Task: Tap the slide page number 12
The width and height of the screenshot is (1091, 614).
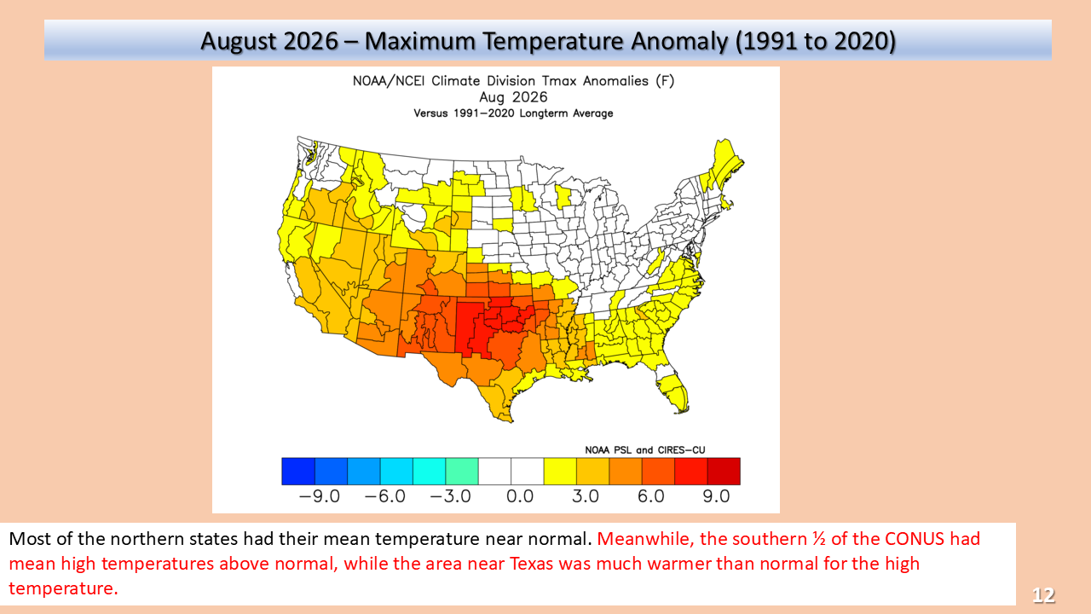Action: coord(1043,595)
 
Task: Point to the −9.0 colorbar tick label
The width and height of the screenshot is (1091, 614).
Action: coord(319,496)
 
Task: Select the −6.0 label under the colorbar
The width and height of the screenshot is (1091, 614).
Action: coord(384,496)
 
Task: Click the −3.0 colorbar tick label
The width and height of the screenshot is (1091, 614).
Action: coord(450,496)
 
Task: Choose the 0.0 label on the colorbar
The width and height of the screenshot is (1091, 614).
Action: coord(520,496)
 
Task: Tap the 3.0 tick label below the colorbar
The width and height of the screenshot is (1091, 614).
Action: coord(585,496)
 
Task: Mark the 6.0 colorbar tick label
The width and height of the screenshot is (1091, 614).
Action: coord(650,496)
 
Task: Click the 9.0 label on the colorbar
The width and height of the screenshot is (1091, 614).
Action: coord(716,496)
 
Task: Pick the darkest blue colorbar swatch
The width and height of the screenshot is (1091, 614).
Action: coord(298,472)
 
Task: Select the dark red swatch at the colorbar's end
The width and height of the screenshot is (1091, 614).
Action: coord(724,472)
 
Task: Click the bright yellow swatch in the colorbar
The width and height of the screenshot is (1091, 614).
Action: coord(560,472)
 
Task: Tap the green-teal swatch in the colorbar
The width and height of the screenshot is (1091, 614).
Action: coord(462,472)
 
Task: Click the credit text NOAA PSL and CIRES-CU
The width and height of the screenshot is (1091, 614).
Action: coord(645,449)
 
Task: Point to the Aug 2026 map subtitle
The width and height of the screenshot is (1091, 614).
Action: coord(513,97)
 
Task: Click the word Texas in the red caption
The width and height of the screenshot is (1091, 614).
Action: coord(532,564)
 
